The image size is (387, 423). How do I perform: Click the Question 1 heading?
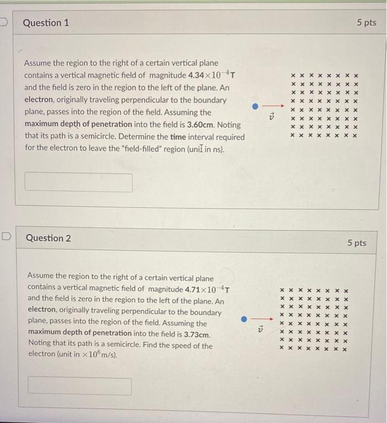pyautogui.click(x=46, y=23)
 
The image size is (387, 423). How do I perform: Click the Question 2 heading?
pyautogui.click(x=48, y=238)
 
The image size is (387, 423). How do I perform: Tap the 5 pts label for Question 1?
pyautogui.click(x=366, y=23)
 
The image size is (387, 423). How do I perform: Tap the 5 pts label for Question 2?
pyautogui.click(x=356, y=243)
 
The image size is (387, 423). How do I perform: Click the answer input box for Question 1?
pyautogui.click(x=79, y=182)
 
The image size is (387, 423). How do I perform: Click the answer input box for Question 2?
pyautogui.click(x=79, y=386)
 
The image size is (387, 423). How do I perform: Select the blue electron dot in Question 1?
pyautogui.click(x=256, y=106)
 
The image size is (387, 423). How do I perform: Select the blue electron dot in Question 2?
pyautogui.click(x=244, y=319)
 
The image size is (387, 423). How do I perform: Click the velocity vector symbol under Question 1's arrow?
pyautogui.click(x=272, y=117)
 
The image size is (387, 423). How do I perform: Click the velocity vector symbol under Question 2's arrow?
pyautogui.click(x=261, y=330)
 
